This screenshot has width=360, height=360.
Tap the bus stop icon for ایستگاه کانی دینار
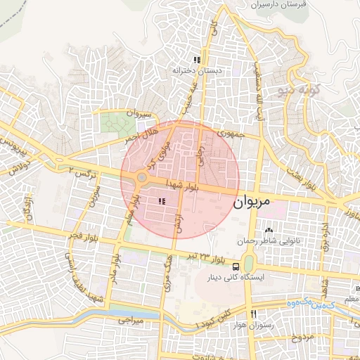237,266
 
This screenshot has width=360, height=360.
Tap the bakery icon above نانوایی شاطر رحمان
268,230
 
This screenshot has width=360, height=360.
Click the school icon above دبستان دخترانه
198,60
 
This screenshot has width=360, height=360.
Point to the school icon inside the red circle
162,202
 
